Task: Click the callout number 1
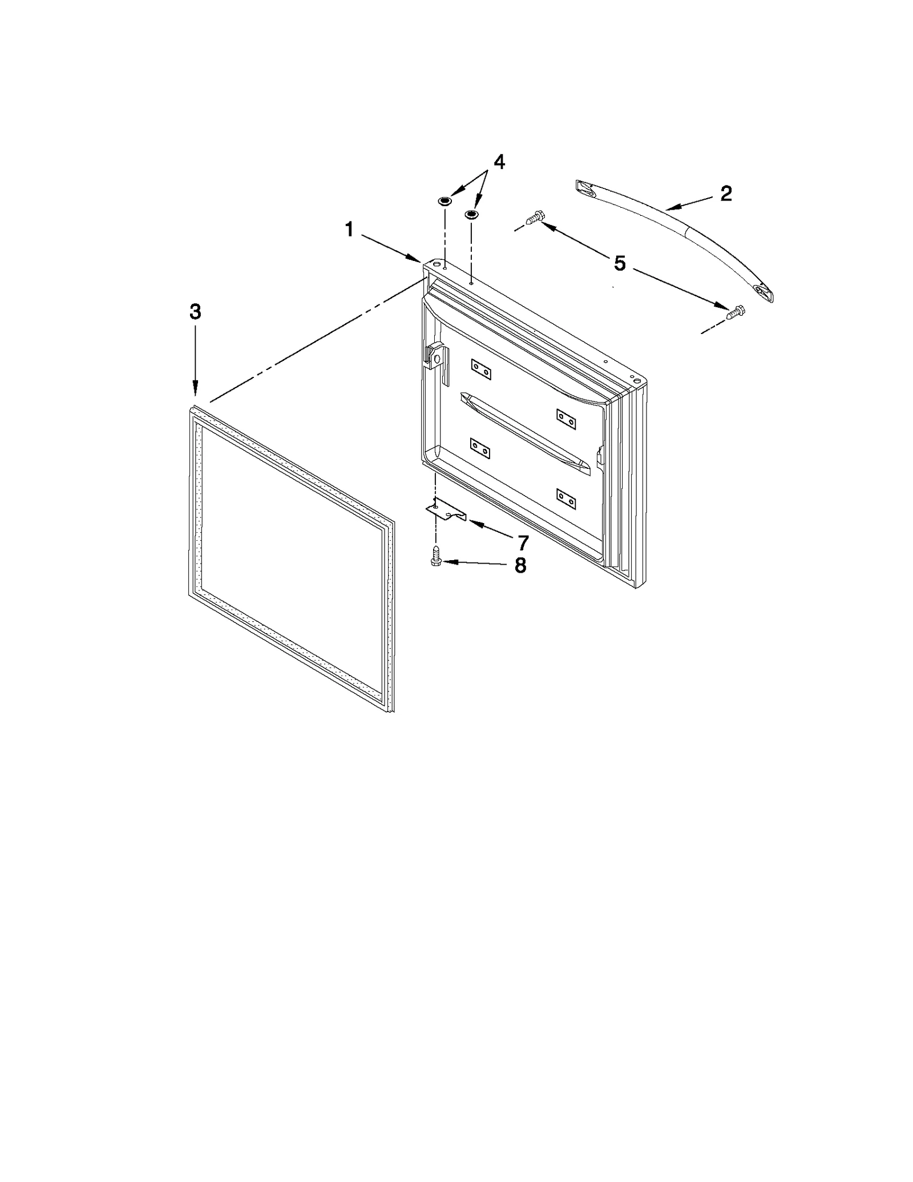349,230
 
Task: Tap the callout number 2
725,194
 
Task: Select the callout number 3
195,312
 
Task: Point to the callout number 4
499,162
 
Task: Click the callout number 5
620,263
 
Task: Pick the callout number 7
523,541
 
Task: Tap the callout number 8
520,566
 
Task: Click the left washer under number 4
445,201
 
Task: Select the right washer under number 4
471,214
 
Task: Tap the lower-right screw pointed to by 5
735,312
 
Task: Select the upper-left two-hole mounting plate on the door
481,369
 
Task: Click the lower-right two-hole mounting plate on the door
566,498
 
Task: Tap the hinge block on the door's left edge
435,357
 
